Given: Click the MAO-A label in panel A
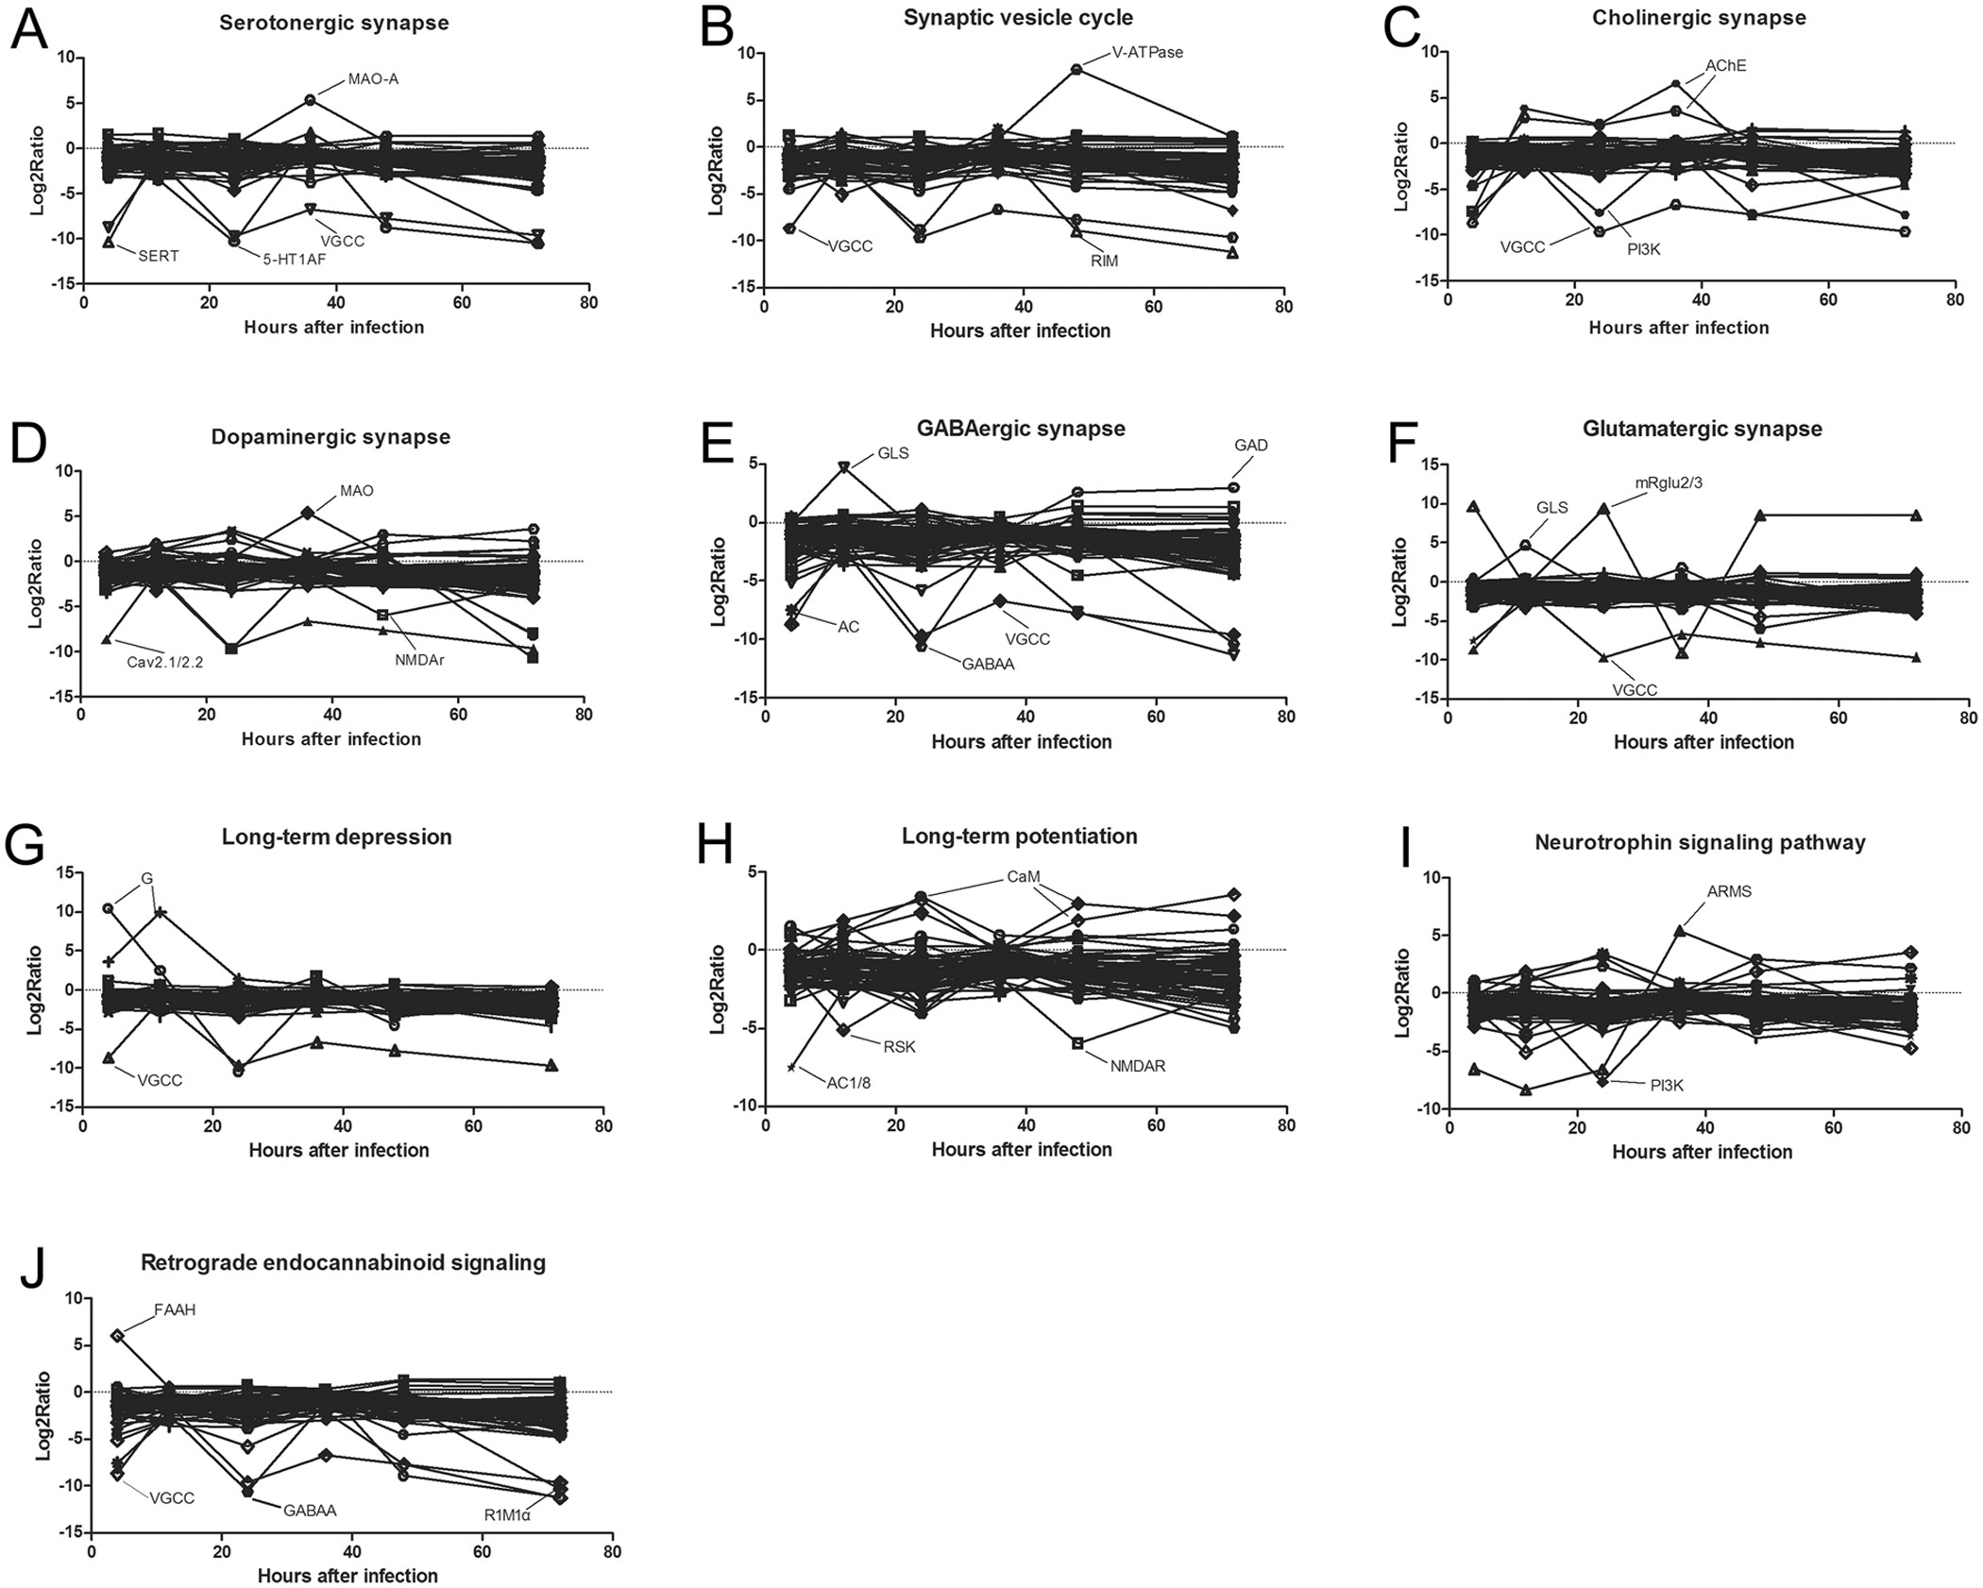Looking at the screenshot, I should [373, 79].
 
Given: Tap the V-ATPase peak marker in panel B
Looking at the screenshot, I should [1076, 69].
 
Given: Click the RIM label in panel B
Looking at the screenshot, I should [1104, 261].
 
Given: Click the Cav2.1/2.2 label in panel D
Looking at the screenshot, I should [165, 661].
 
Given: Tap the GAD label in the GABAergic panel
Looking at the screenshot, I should [1250, 446].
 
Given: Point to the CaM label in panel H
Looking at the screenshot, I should [1023, 876].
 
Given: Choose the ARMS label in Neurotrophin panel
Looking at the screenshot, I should [1729, 891].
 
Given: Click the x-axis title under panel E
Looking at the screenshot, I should [1021, 741].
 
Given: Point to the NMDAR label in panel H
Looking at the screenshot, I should [1138, 1066].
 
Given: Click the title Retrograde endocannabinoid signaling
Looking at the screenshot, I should [343, 1262].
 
